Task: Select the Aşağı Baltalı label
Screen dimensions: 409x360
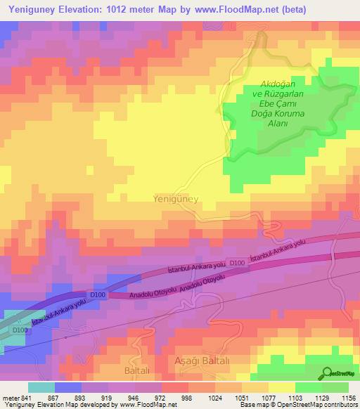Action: (200, 360)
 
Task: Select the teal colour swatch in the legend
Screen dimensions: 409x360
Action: (41, 387)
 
